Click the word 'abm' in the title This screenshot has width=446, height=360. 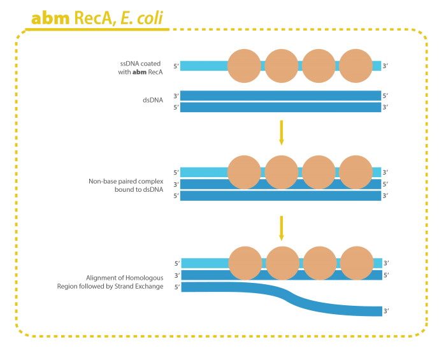coord(50,18)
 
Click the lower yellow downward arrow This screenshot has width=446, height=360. coord(281,228)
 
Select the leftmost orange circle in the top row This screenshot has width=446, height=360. coord(244,66)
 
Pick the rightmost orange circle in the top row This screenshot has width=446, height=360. coord(356,66)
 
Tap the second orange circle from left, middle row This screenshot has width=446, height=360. coord(281,172)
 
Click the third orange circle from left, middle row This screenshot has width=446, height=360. coord(318,172)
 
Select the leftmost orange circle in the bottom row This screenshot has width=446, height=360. coord(245,263)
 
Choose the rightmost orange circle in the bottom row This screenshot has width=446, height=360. coord(357,263)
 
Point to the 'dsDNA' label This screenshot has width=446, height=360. coord(152,101)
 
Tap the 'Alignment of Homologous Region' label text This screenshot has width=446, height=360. coord(125,278)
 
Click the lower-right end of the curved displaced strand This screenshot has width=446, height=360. coord(376,311)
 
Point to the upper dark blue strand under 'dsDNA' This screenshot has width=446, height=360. coord(280,96)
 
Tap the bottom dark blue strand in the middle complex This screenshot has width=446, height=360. coord(280,196)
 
